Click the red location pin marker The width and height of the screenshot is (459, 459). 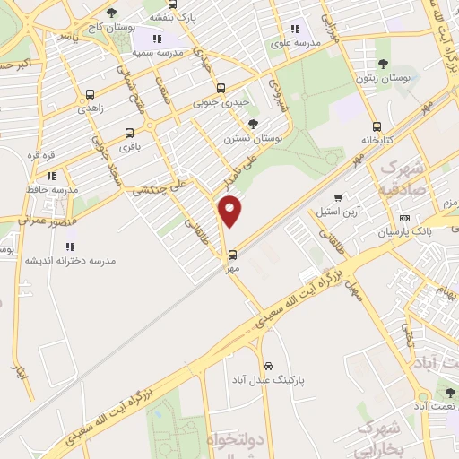230,211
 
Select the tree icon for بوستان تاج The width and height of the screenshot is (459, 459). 111,13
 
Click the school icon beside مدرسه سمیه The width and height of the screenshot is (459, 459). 158,39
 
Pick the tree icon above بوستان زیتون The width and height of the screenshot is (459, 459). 384,63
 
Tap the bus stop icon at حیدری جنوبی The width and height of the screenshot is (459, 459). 221,88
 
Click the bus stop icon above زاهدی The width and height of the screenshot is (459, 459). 89,94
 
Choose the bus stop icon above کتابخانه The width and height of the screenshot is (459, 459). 377,126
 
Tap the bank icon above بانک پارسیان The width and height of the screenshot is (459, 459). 403,218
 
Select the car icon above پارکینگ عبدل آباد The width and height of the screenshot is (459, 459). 268,366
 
